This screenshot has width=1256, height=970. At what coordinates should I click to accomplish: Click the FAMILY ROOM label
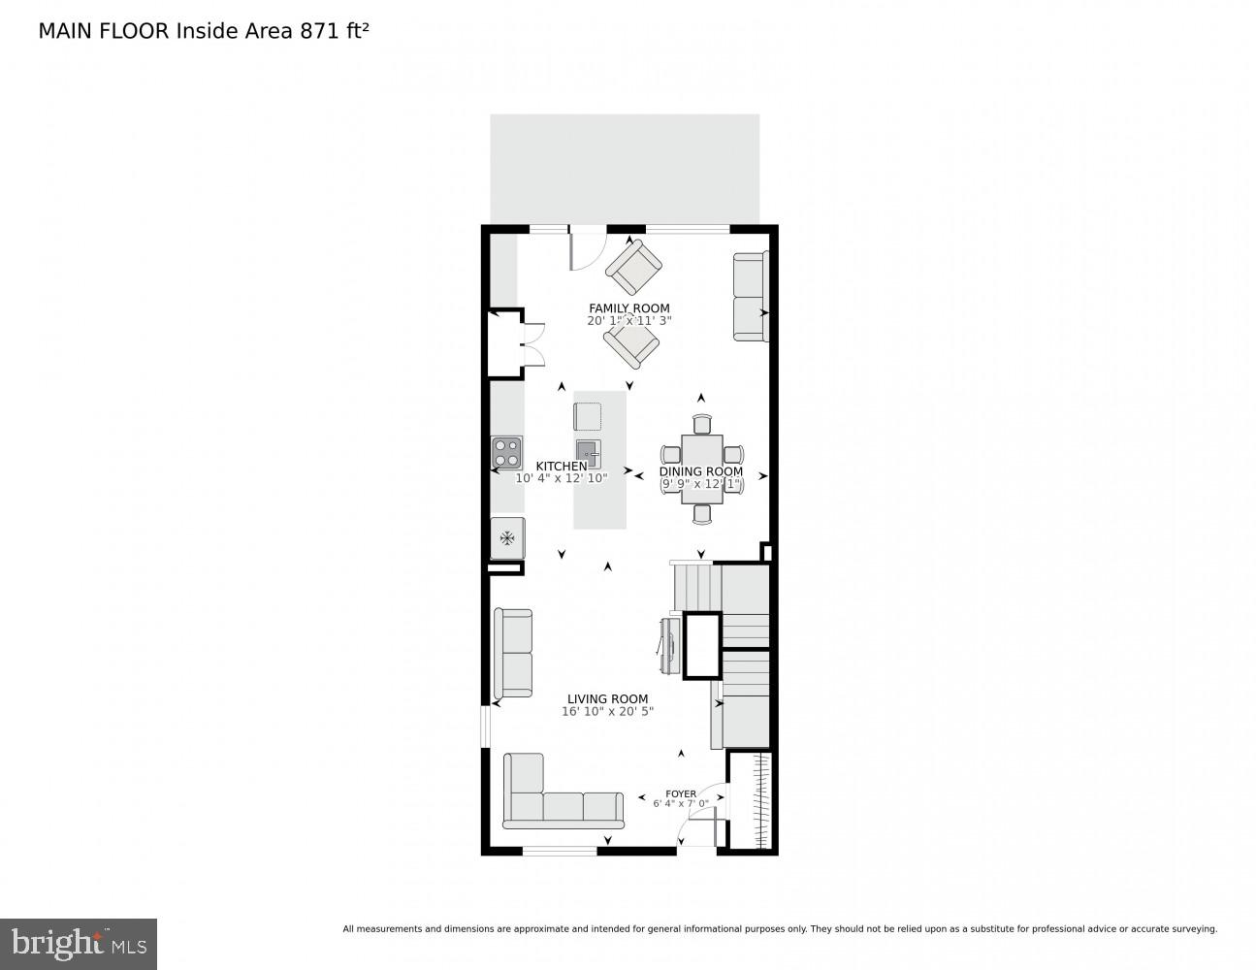pos(628,308)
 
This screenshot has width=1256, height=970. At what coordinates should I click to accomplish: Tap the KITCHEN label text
pos(561,467)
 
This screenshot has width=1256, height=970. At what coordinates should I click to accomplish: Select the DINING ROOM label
pos(700,471)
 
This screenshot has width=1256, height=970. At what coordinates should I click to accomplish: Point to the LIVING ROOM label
pos(607,698)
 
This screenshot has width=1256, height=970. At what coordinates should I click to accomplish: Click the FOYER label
pos(680,793)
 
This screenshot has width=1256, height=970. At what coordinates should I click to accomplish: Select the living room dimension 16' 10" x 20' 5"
pos(607,711)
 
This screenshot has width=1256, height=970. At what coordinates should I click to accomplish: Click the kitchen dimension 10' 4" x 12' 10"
pos(561,478)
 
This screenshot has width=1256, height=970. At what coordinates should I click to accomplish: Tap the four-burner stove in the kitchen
pos(505,453)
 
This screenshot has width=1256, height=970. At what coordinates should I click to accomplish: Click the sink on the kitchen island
pos(588,453)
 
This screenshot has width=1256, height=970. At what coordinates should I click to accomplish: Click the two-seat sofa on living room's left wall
pos(513,653)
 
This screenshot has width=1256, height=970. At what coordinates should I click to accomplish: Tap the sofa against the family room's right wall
pos(750,297)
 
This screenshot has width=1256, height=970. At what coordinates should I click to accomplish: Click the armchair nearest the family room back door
pos(633,267)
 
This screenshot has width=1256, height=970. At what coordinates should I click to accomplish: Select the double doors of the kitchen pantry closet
pos(532,345)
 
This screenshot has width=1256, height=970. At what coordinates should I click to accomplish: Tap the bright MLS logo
pos(79,943)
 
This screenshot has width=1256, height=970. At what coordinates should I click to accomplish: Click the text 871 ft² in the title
pos(329,30)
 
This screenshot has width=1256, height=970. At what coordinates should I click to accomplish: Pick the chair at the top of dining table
pos(702,423)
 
